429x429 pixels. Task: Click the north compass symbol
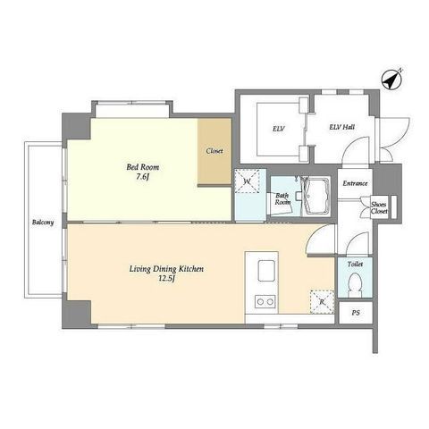coord(392,80)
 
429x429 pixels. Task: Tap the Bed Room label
coord(143,167)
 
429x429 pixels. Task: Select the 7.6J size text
coord(143,177)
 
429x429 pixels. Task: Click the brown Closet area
coord(214,151)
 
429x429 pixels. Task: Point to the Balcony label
coord(43,223)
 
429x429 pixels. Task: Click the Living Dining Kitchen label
coord(166,269)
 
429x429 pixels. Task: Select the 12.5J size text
coord(166,279)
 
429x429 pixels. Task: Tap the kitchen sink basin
coord(266,271)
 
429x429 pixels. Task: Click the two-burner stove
coord(265,302)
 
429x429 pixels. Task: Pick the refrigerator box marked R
coord(322,302)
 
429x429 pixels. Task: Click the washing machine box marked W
coord(247,181)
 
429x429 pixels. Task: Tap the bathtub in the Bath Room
coord(315,196)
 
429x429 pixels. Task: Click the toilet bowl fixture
coord(355,285)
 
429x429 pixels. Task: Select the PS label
coord(356,313)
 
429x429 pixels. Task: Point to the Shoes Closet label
coord(379,208)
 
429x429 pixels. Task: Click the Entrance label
coord(355,183)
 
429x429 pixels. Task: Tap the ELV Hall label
coord(341,127)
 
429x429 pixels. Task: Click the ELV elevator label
coord(279,129)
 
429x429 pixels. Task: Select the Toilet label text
coord(355,265)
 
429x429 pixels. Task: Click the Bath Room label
coord(282,199)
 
